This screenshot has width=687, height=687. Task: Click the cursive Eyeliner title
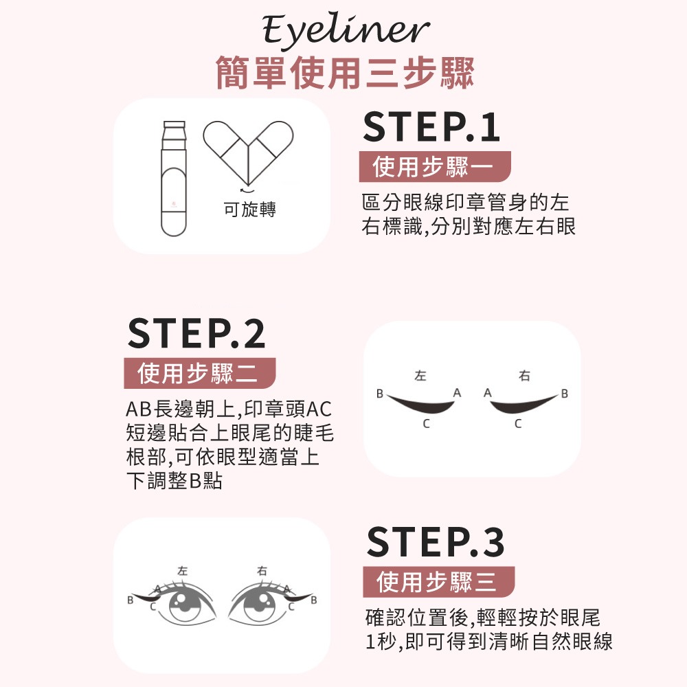click(x=346, y=31)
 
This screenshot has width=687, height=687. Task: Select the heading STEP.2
click(x=196, y=334)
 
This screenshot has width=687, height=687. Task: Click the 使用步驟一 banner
click(x=425, y=167)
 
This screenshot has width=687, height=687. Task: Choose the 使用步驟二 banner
click(x=199, y=374)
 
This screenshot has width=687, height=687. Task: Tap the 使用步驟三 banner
click(x=438, y=582)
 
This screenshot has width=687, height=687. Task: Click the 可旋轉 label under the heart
click(x=249, y=210)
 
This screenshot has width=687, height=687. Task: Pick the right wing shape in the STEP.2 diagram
click(x=523, y=405)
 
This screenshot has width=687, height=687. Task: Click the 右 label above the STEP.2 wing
click(x=525, y=376)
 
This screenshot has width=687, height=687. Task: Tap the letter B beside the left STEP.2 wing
click(x=379, y=394)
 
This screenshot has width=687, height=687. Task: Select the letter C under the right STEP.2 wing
click(x=518, y=425)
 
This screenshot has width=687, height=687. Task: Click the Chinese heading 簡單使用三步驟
click(x=345, y=74)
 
